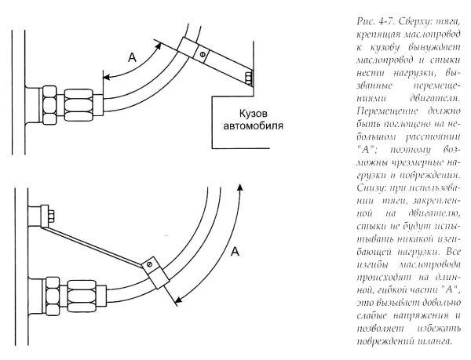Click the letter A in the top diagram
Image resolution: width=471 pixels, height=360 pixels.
coord(132,57)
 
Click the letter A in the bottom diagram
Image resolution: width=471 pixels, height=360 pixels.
coord(235,252)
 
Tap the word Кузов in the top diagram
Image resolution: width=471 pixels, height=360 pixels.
coord(254,114)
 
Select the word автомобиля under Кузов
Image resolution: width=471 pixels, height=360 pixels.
coord(254,125)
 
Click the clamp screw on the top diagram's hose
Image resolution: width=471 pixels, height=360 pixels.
coord(203,55)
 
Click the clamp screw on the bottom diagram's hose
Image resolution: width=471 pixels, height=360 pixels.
coord(150,264)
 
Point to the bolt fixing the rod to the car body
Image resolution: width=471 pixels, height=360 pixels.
coord(249,78)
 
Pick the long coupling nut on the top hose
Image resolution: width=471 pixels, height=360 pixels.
coord(78,104)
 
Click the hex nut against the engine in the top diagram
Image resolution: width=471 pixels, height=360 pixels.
coord(50,105)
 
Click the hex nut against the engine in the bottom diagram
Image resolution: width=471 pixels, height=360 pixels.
coord(53,296)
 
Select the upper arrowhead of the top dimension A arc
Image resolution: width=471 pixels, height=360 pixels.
coord(156,47)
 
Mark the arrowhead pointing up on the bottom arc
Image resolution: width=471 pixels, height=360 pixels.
coord(239,187)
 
